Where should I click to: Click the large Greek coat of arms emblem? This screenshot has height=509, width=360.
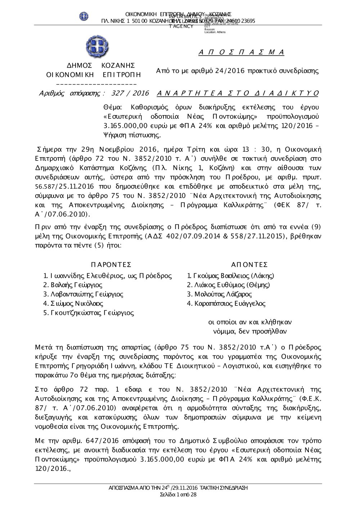[x=98, y=46]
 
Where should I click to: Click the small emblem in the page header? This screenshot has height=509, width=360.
[x=84, y=16]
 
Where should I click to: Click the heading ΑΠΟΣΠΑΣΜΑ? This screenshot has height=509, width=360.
[x=242, y=53]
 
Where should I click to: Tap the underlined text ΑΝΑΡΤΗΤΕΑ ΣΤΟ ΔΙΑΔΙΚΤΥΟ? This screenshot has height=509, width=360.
[x=238, y=94]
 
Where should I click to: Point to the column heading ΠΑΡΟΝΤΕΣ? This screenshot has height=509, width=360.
[x=111, y=265]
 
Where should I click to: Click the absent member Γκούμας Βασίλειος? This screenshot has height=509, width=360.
[x=232, y=276]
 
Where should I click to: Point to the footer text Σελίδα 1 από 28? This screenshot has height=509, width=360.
[x=178, y=495]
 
